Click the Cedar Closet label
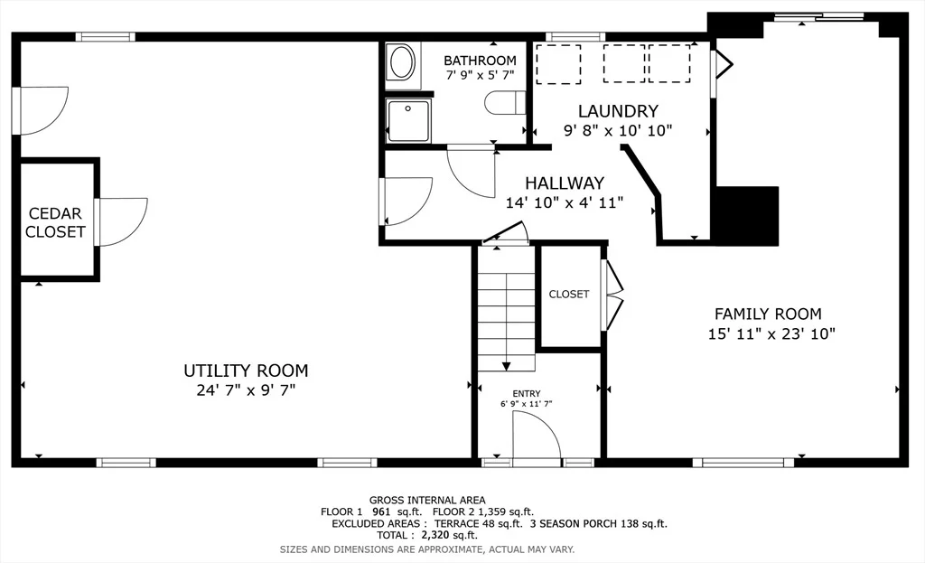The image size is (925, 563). [x=55, y=222]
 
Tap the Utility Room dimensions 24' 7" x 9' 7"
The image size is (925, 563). [x=246, y=390]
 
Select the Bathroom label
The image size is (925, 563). [x=480, y=61]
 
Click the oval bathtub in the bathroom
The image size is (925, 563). [x=402, y=63]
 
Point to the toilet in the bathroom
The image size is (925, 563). [x=505, y=103]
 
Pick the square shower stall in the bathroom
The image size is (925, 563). [x=408, y=120]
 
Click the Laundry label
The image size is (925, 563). [x=618, y=111]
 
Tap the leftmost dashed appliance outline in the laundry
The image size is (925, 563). [x=558, y=64]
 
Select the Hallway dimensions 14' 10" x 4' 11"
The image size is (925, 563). [x=564, y=202]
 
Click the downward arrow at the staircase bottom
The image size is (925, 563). [x=506, y=366]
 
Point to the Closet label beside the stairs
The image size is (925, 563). [x=569, y=294]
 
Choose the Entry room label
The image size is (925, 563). [x=527, y=394]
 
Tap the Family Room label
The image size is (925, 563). [x=768, y=314]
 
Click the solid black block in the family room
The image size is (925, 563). [x=747, y=216]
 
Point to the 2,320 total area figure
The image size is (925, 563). [x=434, y=535]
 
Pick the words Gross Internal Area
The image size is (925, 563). [x=427, y=501]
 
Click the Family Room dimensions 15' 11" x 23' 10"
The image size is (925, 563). [x=771, y=334]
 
